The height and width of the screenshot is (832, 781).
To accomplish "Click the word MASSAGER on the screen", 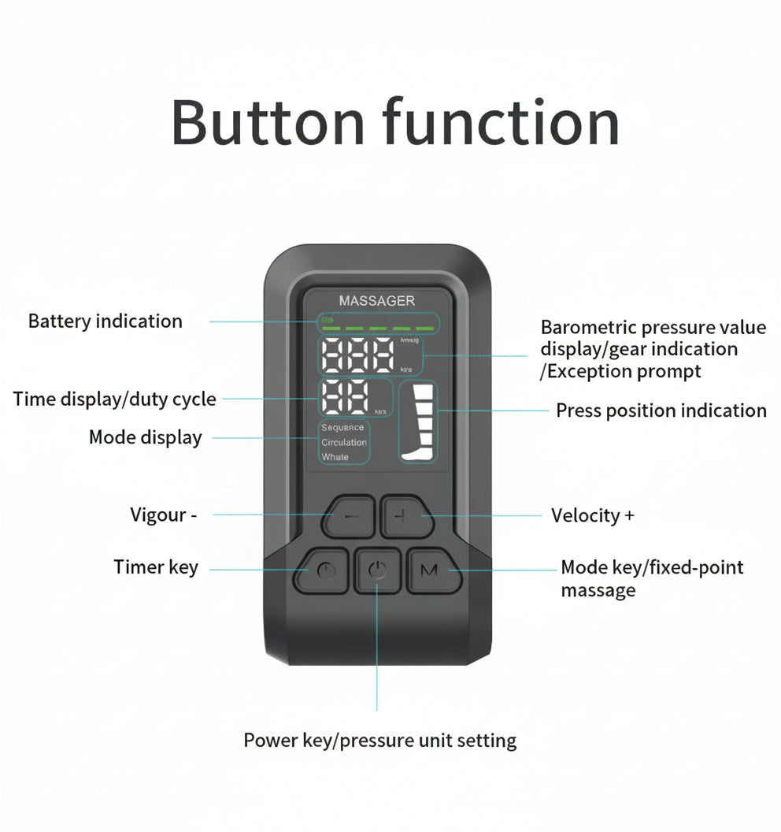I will coord(376,300).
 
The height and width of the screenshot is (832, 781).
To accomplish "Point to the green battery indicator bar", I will coord(378,325).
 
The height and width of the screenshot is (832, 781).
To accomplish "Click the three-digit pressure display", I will coord(359,357).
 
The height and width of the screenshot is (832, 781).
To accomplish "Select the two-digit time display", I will coord(346,397).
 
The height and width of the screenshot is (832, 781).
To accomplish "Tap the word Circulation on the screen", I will coord(344,443).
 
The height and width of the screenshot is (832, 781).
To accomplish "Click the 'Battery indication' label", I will coord(105,321).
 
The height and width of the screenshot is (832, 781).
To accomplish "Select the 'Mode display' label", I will coord(145,437).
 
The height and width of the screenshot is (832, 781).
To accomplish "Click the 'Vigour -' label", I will coord(163,515).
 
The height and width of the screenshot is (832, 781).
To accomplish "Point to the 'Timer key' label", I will coord(156,567).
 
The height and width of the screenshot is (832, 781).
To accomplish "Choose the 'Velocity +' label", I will coord(592,516).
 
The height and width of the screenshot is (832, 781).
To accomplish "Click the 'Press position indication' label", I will coord(661,410).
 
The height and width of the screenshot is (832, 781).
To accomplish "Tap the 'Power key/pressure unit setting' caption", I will coord(379,741).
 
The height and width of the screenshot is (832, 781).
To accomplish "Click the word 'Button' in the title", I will coord(268,122).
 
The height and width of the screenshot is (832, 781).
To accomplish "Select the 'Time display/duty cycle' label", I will coord(114,399).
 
